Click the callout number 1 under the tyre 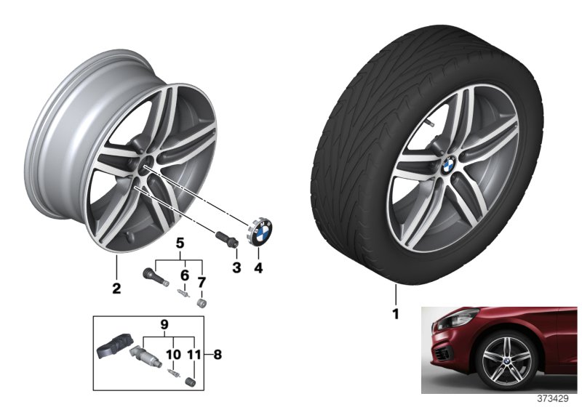pyautogui.click(x=396, y=313)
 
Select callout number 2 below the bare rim pyautogui.click(x=116, y=288)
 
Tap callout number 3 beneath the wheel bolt pyautogui.click(x=237, y=267)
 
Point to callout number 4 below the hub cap pyautogui.click(x=258, y=267)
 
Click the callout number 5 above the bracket pyautogui.click(x=180, y=243)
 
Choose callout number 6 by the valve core pyautogui.click(x=185, y=275)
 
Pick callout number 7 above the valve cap pyautogui.click(x=202, y=283)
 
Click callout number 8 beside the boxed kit pyautogui.click(x=218, y=355)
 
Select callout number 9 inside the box pyautogui.click(x=164, y=325)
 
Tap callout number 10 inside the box pyautogui.click(x=173, y=355)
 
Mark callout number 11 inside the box pyautogui.click(x=194, y=355)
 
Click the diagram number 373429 pyautogui.click(x=553, y=399)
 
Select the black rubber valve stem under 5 pyautogui.click(x=156, y=277)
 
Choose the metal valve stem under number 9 pyautogui.click(x=145, y=355)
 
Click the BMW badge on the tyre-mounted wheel pyautogui.click(x=448, y=164)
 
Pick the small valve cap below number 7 pyautogui.click(x=202, y=302)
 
